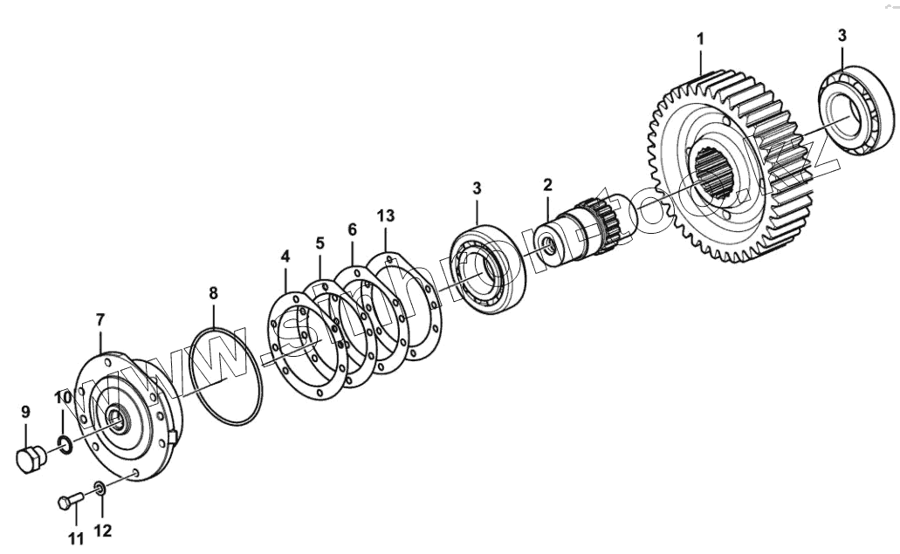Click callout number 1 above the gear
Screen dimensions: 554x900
(700, 39)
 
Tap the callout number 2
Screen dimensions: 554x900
(547, 184)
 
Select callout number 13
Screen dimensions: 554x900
(386, 215)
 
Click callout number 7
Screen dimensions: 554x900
(319, 241)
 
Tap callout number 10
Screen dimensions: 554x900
(100, 320)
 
